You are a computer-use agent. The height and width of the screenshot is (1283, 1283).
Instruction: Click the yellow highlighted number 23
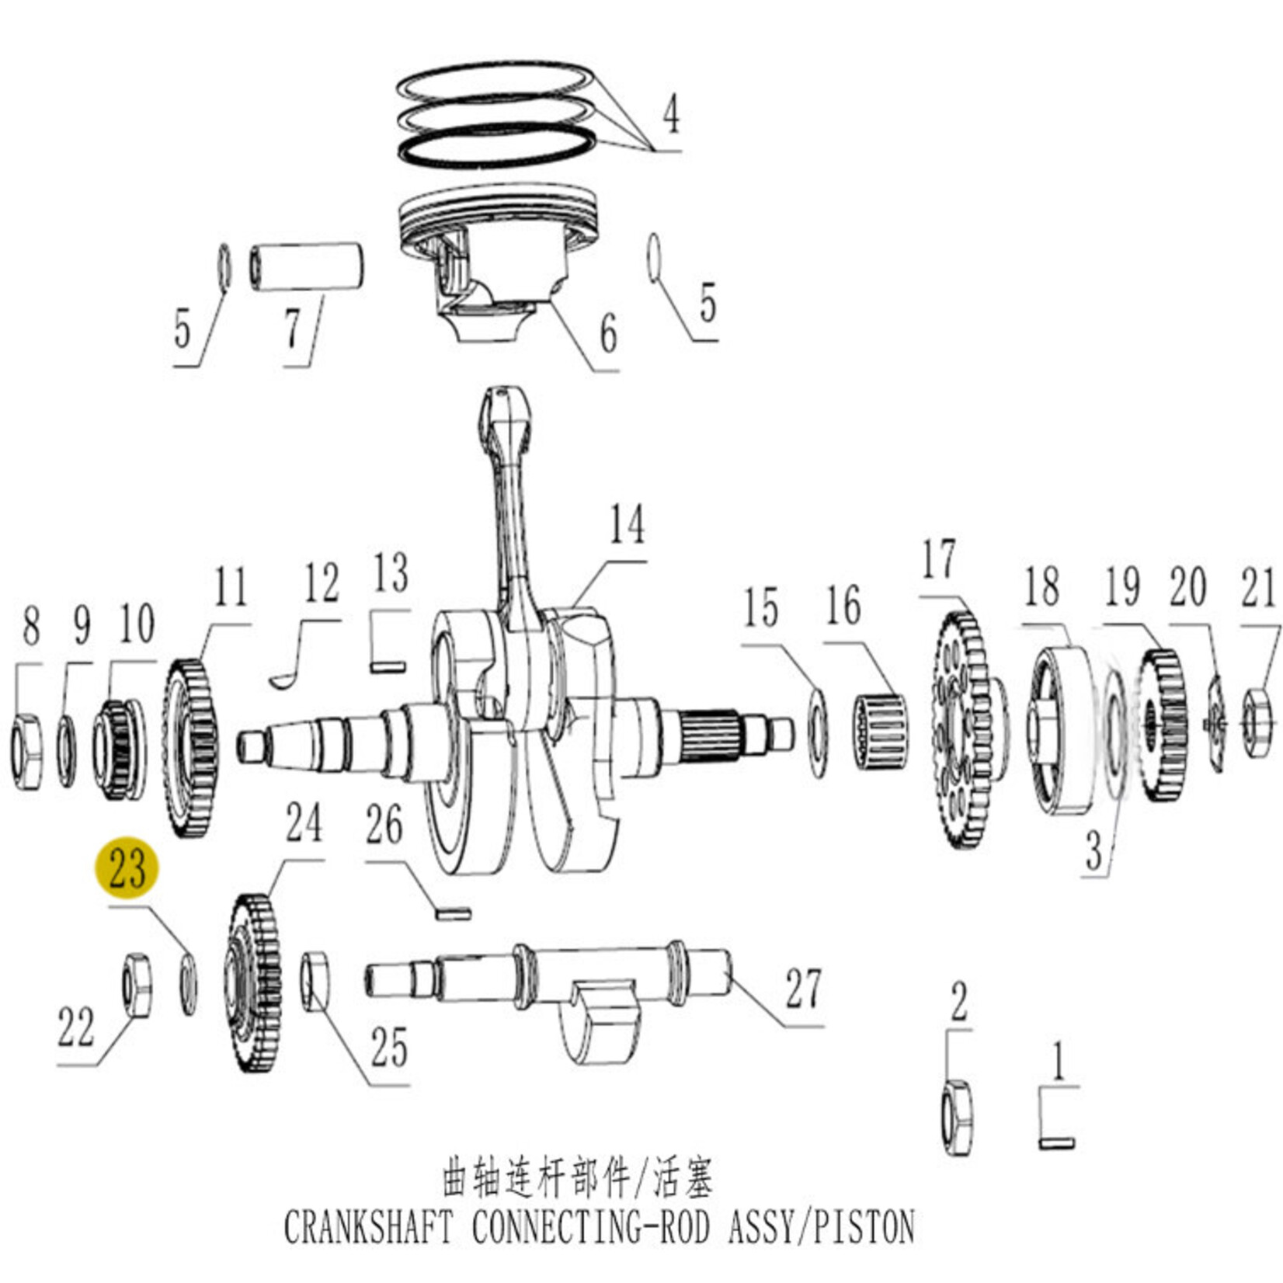point(127,868)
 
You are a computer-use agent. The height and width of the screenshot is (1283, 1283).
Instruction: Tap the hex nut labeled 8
point(27,750)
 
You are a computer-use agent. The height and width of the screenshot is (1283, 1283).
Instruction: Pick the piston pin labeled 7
point(307,267)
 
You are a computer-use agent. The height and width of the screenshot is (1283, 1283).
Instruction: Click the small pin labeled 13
point(388,666)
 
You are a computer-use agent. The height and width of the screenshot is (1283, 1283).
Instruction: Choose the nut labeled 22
point(137,985)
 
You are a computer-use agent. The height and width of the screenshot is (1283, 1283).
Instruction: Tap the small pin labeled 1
point(1056,1142)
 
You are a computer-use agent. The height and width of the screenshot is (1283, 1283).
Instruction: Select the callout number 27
point(802,989)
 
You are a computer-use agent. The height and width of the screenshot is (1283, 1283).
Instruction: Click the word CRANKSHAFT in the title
point(367,1228)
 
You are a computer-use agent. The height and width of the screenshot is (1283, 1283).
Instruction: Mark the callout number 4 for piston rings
point(670,113)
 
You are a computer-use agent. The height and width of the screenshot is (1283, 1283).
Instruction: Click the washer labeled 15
point(818,732)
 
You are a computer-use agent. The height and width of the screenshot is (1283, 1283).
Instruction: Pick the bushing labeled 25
point(315,982)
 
